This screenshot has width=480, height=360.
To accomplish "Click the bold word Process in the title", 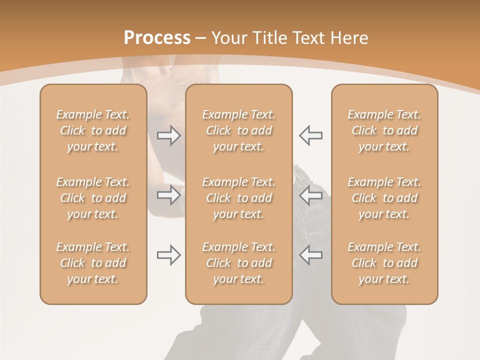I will tap(157, 38).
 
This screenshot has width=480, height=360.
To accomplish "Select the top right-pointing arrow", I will tap(169, 135).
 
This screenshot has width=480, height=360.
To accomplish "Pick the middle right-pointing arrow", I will tap(169, 195).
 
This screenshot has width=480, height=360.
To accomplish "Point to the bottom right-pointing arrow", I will tap(169, 255).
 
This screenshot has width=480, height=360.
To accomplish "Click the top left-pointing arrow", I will tap(310, 135).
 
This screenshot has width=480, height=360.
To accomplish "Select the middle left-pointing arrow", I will tap(310, 195).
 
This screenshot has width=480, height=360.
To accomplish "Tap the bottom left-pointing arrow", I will tap(310, 255).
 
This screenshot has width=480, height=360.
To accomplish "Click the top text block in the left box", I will tap(93, 130).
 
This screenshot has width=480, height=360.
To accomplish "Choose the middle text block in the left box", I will tap(93, 198).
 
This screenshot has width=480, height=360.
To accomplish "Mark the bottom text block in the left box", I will tap(93, 263).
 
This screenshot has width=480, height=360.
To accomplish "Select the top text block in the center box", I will tap(238, 130).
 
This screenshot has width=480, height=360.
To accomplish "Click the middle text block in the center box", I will tap(238, 198).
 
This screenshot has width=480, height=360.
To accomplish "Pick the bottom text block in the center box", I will tap(238, 263).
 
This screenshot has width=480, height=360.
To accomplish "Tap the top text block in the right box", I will tap(384, 130).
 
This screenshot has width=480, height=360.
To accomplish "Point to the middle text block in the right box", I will tap(384, 198).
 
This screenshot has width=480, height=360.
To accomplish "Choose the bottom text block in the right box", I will tap(384, 263).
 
